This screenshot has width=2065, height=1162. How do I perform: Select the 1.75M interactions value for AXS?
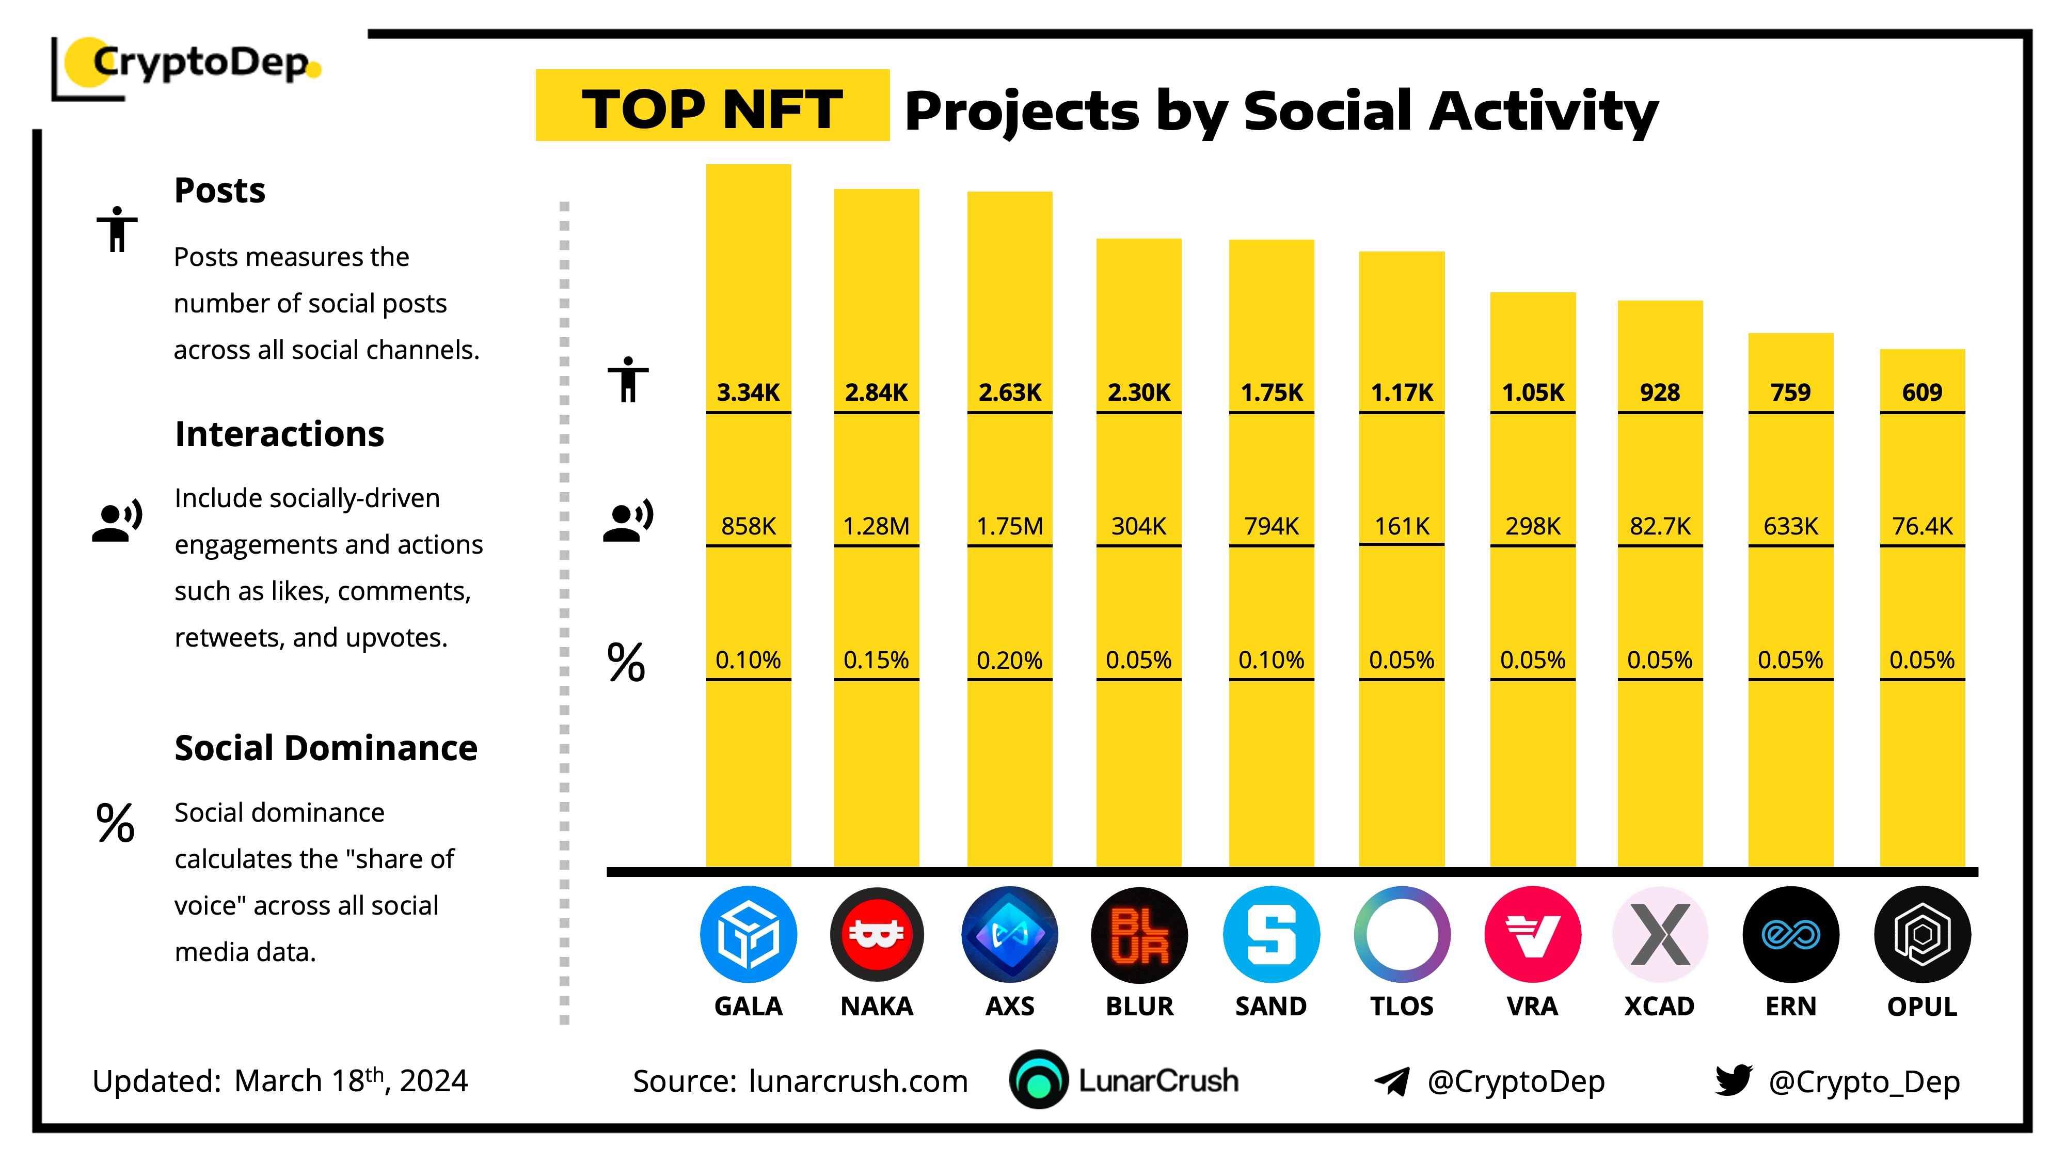tap(1009, 526)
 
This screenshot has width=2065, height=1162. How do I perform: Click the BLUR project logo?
tap(1139, 935)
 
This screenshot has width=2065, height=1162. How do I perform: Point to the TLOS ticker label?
tap(1401, 1007)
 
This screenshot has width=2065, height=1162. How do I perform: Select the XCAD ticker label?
tap(1659, 1007)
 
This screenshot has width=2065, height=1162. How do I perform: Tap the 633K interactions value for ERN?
tap(1790, 526)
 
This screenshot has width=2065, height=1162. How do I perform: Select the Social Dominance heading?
tap(325, 748)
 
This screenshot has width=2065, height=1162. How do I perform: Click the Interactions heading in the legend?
tap(279, 434)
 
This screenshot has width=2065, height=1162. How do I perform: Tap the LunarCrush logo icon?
tap(1039, 1080)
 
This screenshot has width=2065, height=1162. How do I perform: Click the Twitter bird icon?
tap(1733, 1080)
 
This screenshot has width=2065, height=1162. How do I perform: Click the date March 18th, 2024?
tap(351, 1081)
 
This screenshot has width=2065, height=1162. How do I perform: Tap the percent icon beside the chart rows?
tap(626, 663)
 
